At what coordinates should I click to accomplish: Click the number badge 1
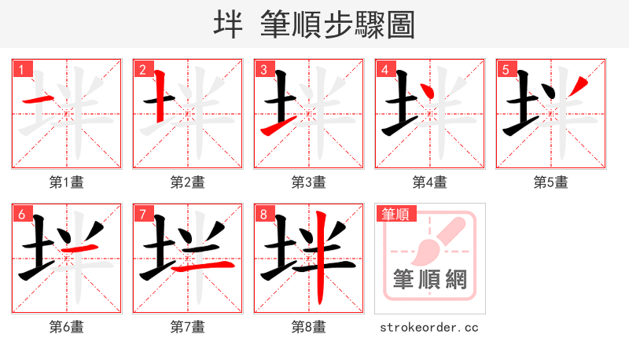coord(21,70)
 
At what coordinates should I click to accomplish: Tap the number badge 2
coord(142,70)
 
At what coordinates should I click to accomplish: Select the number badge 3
coord(263,70)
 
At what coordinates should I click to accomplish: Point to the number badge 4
coord(384,70)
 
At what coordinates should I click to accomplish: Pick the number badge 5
coord(506,70)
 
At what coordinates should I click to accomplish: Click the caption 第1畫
coord(67,182)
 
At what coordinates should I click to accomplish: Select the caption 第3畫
coord(309,182)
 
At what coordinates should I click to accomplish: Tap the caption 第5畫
coord(551,182)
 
